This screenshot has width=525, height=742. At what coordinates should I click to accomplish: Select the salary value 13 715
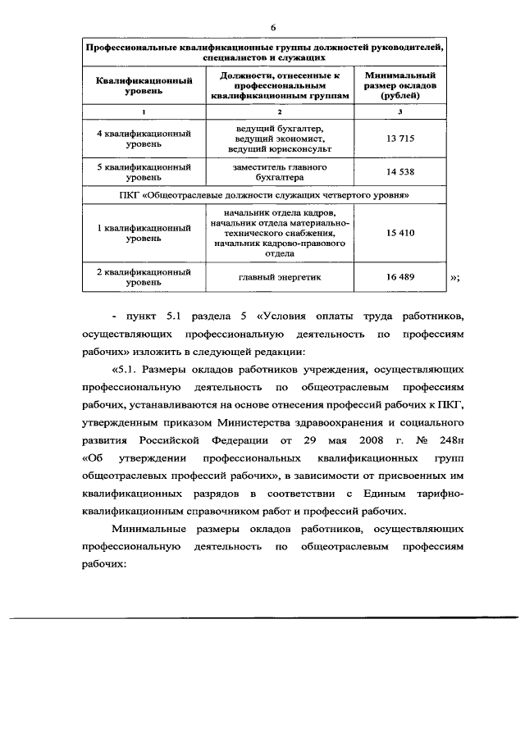coord(400,139)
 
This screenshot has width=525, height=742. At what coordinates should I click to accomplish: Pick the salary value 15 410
coord(400,233)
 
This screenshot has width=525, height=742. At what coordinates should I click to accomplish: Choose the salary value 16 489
coord(400,277)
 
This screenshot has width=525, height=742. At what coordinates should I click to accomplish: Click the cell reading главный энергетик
coord(280,277)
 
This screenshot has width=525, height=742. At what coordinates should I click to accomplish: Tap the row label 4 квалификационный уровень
coord(144,139)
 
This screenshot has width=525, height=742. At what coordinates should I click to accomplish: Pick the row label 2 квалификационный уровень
coord(144,277)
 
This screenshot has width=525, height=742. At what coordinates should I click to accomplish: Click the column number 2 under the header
coord(280,112)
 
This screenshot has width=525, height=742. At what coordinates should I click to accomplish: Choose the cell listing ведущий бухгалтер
coord(280,139)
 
